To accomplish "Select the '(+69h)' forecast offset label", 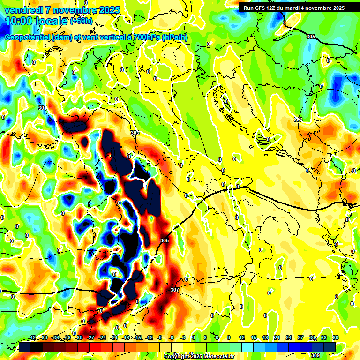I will [81, 21].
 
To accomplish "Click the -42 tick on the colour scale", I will [32, 337].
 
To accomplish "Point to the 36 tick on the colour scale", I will [336, 337].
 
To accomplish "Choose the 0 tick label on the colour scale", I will [194, 337].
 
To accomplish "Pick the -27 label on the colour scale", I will [91, 337].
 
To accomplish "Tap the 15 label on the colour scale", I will [253, 337].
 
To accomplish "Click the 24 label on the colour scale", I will [288, 337].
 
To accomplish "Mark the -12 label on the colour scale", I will [150, 337].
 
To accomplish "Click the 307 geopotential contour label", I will [175, 290].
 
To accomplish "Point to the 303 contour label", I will [298, 120].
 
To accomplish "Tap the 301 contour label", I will [42, 108].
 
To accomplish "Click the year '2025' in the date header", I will [108, 10].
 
